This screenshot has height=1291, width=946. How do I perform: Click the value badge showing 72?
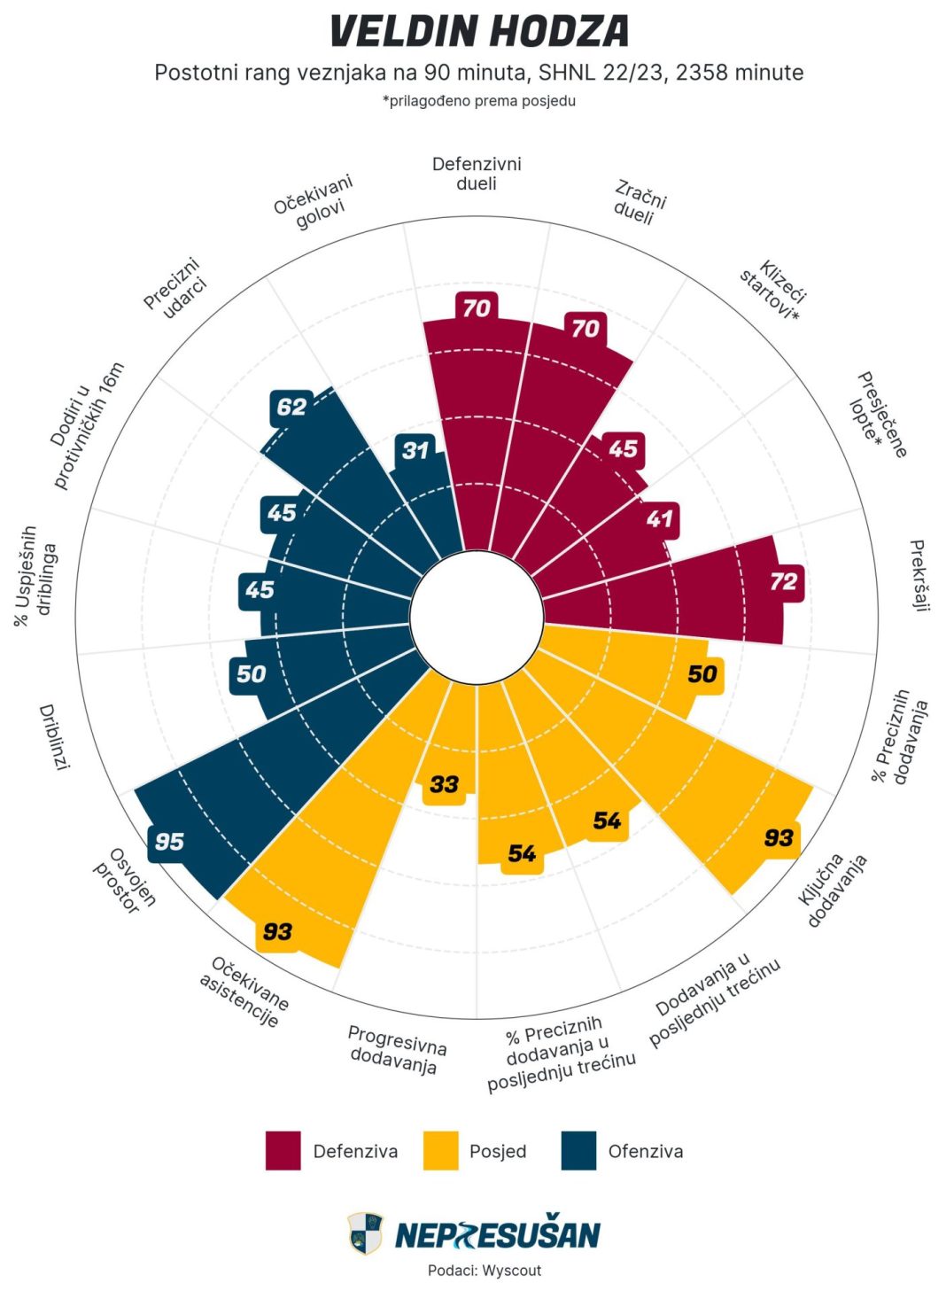[x=784, y=582]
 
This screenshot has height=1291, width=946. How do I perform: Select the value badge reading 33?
[x=444, y=784]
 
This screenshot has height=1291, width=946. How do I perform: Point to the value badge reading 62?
[x=291, y=407]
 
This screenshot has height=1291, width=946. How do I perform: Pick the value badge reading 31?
[x=415, y=450]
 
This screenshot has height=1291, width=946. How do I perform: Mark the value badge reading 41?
[x=659, y=518]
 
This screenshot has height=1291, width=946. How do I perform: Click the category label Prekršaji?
[x=919, y=576]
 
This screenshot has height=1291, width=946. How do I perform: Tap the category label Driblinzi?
[x=54, y=737]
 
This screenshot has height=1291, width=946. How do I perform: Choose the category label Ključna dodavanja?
[x=833, y=890]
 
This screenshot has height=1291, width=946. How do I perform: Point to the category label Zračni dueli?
[x=638, y=203]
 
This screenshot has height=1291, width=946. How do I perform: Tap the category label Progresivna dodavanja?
[x=396, y=1049]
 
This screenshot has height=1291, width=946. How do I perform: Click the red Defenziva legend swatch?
[x=283, y=1150]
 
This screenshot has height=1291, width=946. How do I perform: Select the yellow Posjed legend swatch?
[x=440, y=1150]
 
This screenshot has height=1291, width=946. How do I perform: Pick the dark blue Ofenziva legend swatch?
[x=578, y=1150]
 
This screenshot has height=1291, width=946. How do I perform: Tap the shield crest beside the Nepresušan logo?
[x=365, y=1233]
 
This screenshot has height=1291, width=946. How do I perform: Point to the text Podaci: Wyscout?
[x=485, y=1270]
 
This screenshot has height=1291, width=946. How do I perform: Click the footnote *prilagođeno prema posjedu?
[x=479, y=101]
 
